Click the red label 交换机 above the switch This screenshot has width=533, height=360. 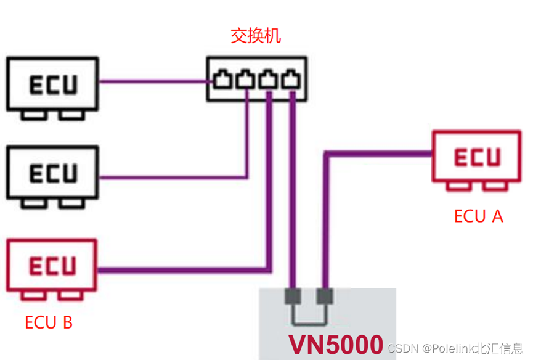tap(255, 35)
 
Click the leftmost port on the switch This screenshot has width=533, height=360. tap(222, 79)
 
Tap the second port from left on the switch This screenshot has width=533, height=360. tap(245, 79)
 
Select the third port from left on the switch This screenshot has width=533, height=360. tap(268, 79)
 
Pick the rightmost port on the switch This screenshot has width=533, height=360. tap(291, 79)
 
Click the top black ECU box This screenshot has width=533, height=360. tap(52, 83)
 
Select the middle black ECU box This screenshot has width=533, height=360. tap(52, 172)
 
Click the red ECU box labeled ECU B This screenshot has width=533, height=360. tap(52, 265)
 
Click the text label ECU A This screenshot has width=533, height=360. tap(479, 216)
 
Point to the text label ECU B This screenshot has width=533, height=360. tap(49, 322)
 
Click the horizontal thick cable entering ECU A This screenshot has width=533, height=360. tap(382, 154)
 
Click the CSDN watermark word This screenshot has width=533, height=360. tap(402, 349)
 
